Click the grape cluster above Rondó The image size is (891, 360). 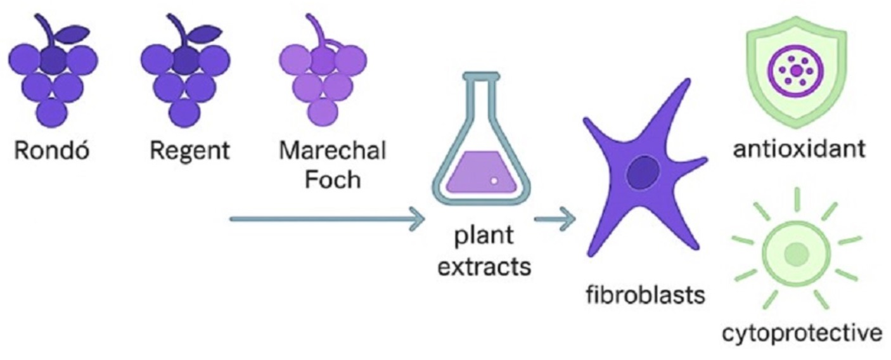point(53,79)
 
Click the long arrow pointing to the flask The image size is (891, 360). point(327,219)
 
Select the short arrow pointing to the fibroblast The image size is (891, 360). point(554,219)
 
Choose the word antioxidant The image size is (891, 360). point(797,150)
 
